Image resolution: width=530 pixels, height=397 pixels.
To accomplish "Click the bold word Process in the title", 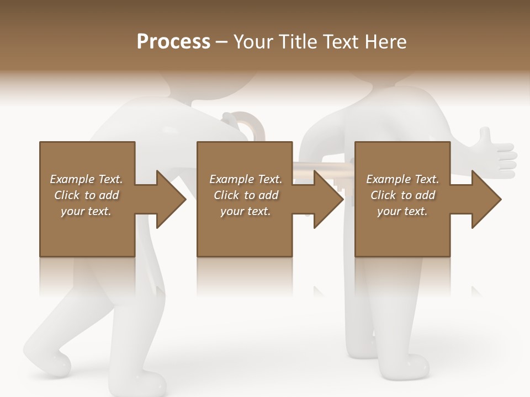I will click(173, 42).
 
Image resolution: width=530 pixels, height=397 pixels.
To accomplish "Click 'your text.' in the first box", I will click(86, 211).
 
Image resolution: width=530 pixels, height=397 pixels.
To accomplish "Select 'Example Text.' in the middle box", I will click(246, 179).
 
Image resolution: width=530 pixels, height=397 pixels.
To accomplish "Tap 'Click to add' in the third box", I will click(403, 195).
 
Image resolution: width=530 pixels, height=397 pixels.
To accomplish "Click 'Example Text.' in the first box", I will click(86, 179).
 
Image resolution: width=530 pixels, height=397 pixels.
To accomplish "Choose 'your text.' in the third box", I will click(402, 211).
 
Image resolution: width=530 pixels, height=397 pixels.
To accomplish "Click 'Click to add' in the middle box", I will click(246, 195).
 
